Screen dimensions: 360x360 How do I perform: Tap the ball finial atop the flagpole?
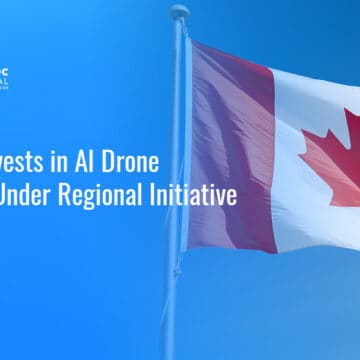(179, 12)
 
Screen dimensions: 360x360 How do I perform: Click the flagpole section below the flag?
(171, 300)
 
